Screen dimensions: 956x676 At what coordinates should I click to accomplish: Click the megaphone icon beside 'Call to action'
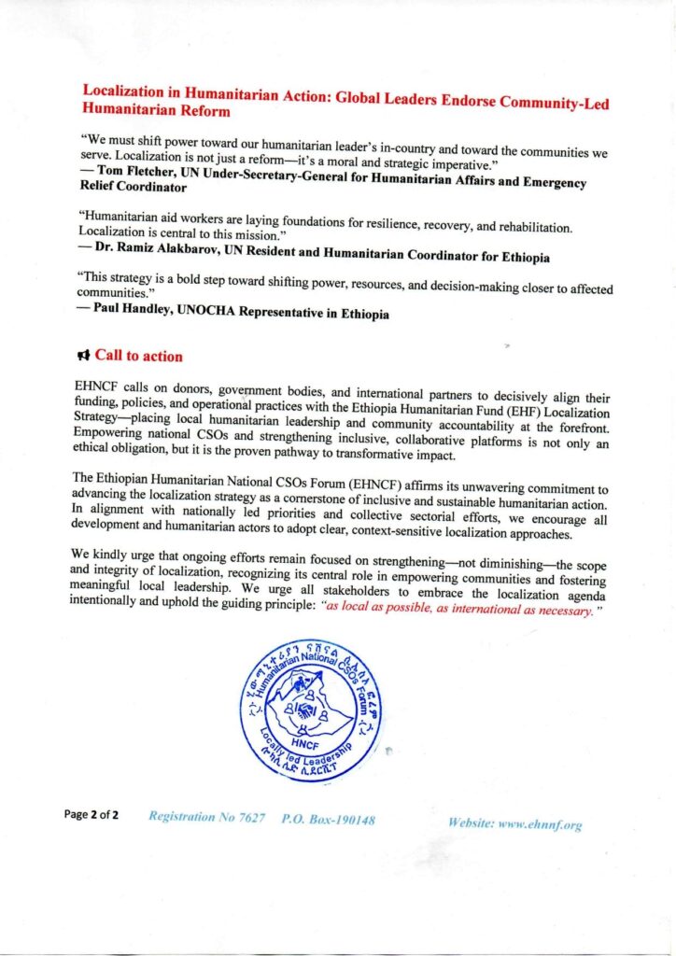(83, 356)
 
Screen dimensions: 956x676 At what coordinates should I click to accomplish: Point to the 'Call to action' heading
(138, 356)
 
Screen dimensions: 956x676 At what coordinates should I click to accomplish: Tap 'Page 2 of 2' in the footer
(92, 815)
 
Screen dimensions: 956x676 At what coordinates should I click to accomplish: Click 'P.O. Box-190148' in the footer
(329, 819)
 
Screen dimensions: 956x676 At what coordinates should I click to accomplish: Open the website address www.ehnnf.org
(515, 824)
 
